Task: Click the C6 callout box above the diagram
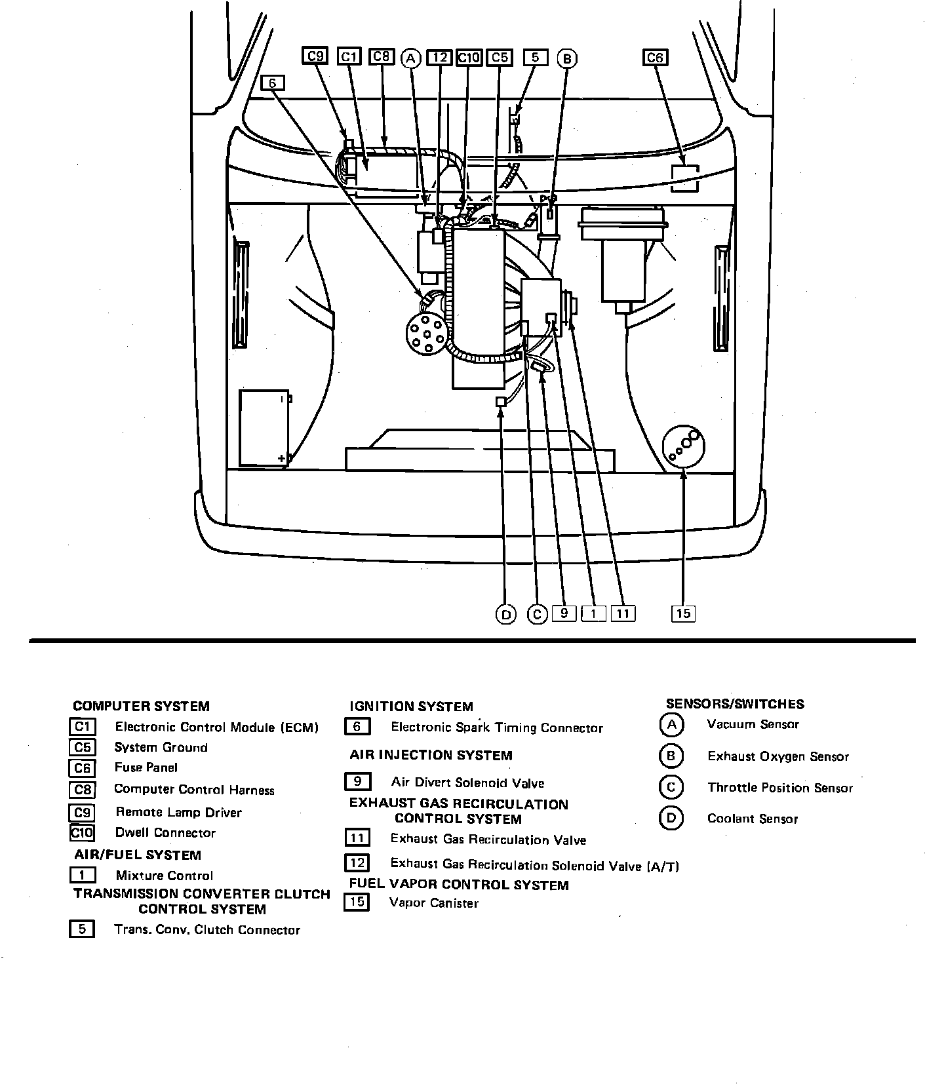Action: (x=654, y=58)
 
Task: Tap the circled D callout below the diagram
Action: (x=505, y=614)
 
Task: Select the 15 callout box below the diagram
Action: (x=683, y=613)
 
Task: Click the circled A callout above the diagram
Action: (x=411, y=58)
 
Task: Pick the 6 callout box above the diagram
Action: (x=273, y=83)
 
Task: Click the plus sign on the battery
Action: (x=282, y=458)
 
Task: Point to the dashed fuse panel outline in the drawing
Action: (x=685, y=178)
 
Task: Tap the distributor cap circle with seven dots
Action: (x=427, y=332)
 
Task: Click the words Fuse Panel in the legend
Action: (x=146, y=767)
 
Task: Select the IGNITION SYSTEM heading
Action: (x=411, y=707)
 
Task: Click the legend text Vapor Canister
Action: (x=433, y=903)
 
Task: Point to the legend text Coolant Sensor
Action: (x=752, y=819)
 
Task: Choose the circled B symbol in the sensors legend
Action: (x=671, y=756)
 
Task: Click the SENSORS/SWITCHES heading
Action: (x=735, y=704)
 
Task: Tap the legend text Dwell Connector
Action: (x=165, y=833)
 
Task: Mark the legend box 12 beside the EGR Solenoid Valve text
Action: (x=357, y=863)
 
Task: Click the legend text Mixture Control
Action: (x=164, y=876)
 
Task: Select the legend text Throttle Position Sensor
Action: (x=779, y=788)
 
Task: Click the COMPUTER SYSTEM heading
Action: (x=141, y=707)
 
